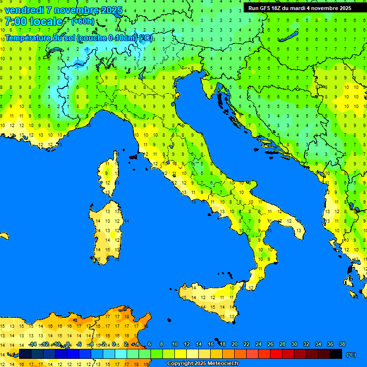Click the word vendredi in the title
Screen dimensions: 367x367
click(x=24, y=10)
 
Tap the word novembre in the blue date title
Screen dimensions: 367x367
click(x=76, y=10)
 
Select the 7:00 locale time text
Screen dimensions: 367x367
click(x=33, y=22)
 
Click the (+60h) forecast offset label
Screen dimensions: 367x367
click(x=83, y=22)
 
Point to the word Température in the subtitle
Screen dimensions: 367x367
click(x=29, y=38)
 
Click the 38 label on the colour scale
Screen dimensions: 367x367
click(x=342, y=344)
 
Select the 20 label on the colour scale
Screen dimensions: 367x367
click(x=234, y=344)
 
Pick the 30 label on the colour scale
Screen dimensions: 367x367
click(x=294, y=344)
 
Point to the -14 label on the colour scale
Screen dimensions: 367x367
click(x=32, y=344)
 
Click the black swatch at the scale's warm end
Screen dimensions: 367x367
click(x=336, y=354)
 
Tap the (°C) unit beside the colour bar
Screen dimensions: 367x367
click(x=351, y=354)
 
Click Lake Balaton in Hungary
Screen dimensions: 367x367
click(x=290, y=37)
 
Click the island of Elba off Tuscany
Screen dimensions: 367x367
click(x=133, y=156)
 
